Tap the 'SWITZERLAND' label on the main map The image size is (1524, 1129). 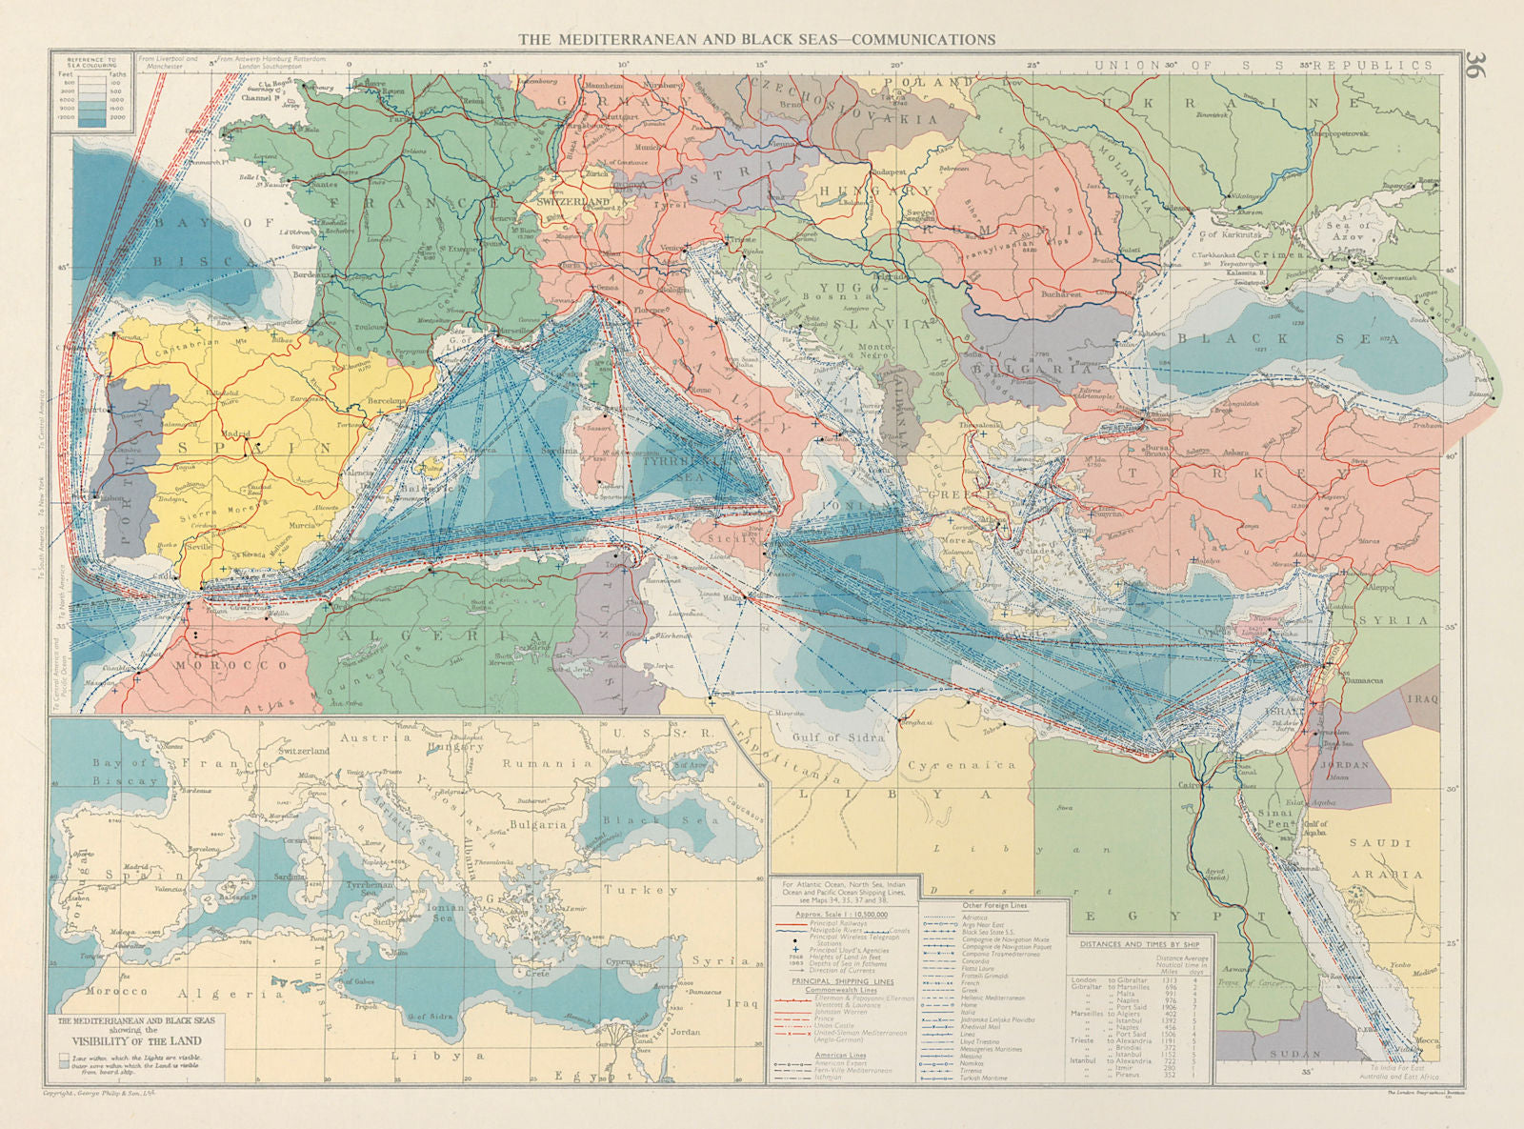coord(572,203)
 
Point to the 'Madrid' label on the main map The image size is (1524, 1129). coord(236,434)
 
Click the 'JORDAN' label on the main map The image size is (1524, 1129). coord(1345,764)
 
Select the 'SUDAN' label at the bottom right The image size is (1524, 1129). coord(1294,1054)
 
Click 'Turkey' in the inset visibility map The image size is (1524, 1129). coord(639,890)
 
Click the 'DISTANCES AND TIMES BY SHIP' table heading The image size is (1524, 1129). coord(1142,945)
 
